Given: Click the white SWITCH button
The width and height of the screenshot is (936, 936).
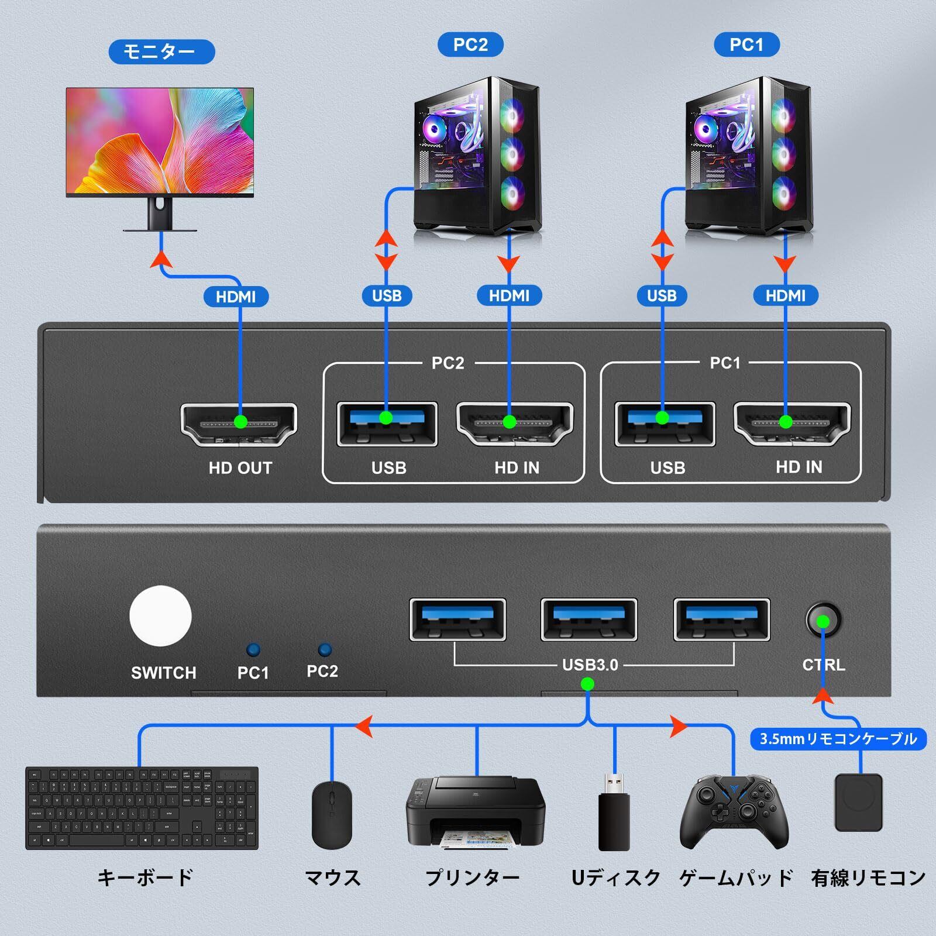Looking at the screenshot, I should click(x=160, y=617).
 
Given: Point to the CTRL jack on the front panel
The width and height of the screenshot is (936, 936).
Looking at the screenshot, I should click(x=823, y=621).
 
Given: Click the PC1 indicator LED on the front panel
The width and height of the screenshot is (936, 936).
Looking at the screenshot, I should click(x=253, y=650).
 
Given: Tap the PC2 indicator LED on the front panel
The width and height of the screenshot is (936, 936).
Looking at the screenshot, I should click(x=324, y=650).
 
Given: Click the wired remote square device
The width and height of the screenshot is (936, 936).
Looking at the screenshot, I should click(x=858, y=802).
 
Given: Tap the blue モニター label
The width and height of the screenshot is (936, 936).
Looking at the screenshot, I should click(x=161, y=51).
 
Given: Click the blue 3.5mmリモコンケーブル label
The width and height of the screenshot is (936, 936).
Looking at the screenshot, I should click(x=838, y=739).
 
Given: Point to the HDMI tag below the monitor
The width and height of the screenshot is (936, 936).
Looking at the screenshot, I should click(x=236, y=297).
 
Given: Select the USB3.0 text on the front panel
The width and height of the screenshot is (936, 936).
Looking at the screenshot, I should click(x=590, y=665).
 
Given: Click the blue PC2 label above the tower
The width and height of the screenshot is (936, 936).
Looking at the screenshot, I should click(x=470, y=44).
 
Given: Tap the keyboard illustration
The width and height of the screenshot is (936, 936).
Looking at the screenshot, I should click(x=142, y=808).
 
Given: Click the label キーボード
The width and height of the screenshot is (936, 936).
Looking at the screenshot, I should click(x=144, y=877).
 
